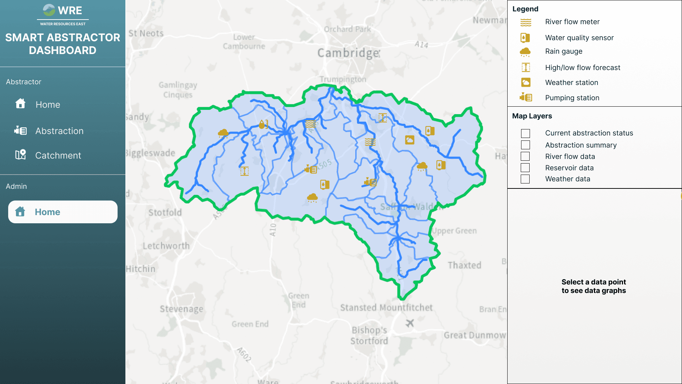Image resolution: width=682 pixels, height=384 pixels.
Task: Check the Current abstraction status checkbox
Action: click(525, 133)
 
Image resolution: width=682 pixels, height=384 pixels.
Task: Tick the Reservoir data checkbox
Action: click(525, 168)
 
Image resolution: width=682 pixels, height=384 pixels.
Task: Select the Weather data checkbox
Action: click(525, 179)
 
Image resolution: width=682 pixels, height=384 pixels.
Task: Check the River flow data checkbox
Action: click(525, 156)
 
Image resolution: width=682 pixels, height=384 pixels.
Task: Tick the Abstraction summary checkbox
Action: click(525, 145)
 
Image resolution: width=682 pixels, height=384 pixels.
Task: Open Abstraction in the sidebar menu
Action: click(59, 131)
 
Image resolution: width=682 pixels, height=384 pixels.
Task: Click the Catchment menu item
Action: click(58, 155)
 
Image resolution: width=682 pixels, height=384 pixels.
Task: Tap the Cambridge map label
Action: click(348, 53)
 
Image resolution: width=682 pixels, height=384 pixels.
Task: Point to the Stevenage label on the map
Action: click(182, 309)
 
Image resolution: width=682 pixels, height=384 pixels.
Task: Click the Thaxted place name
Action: click(464, 265)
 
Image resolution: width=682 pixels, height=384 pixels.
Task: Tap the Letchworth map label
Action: click(166, 246)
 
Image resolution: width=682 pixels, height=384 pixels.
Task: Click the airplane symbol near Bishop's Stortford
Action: click(410, 323)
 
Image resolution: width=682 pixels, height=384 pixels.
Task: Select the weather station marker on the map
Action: click(410, 140)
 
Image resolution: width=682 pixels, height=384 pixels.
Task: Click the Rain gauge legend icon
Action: click(525, 52)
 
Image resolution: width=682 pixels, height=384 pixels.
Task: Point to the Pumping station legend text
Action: click(572, 98)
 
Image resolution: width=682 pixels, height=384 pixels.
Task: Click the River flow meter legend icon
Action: click(526, 22)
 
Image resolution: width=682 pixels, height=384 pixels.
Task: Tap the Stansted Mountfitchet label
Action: click(386, 308)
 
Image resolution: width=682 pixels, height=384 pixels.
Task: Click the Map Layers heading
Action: click(532, 116)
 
